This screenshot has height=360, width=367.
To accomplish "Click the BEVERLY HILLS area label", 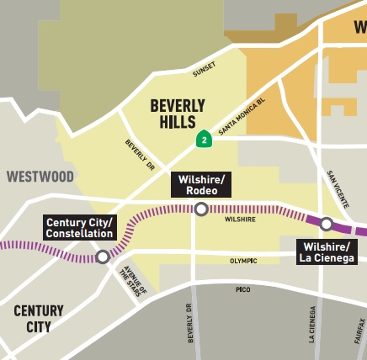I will [x=178, y=114].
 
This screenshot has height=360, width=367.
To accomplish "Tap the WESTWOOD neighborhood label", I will [x=40, y=177].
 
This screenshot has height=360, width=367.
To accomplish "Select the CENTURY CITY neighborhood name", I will [x=38, y=319].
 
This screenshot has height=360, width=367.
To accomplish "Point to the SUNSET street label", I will [x=204, y=69].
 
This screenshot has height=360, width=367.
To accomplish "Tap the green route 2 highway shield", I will [x=203, y=139].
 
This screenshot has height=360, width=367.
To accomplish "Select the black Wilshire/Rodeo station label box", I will [x=200, y=185].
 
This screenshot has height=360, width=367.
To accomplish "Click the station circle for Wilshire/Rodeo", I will [x=200, y=209].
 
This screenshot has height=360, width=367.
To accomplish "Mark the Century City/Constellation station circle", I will [x=102, y=257].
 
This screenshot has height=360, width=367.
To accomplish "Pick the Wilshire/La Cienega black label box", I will [x=327, y=251].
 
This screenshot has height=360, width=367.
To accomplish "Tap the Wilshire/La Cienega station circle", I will [x=327, y=224].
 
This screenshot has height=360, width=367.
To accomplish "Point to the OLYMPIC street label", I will [x=243, y=261].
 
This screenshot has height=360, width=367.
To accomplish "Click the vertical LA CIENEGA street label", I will [x=313, y=324].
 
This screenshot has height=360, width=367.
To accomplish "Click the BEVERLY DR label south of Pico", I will [x=191, y=323].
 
